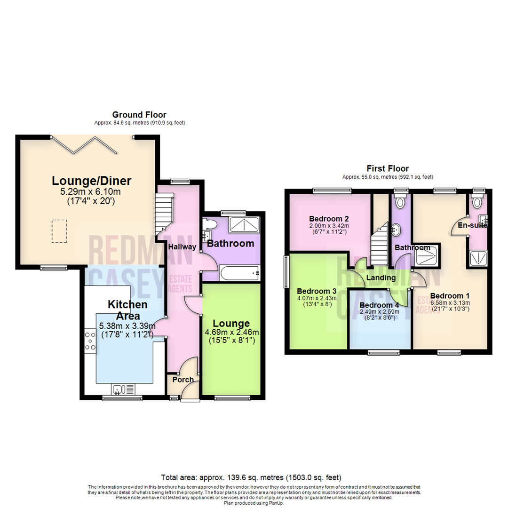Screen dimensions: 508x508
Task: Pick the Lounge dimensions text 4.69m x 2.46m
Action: [x=231, y=333]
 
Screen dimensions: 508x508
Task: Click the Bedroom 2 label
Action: [x=329, y=219]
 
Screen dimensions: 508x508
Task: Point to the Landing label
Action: [x=381, y=278]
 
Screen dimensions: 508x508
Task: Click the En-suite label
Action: [x=472, y=225]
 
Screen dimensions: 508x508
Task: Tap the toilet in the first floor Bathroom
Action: [x=400, y=203]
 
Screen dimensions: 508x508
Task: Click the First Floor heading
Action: [x=388, y=168]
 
